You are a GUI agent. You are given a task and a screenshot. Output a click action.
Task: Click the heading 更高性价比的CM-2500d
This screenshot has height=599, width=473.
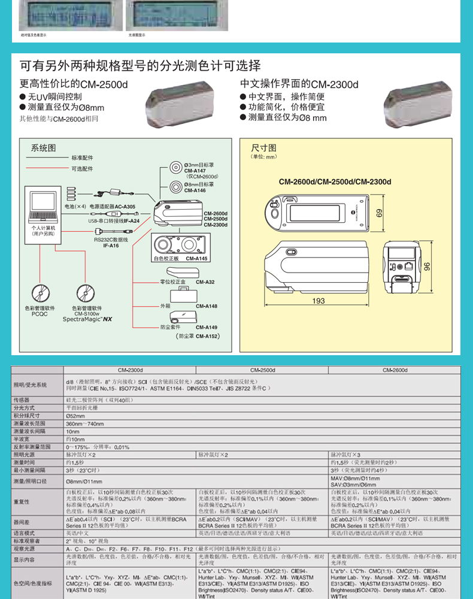click(x=74, y=84)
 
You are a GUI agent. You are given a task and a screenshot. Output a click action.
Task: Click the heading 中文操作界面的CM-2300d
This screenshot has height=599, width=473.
click(x=299, y=84)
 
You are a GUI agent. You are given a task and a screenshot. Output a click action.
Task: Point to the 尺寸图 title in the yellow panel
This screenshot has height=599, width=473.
click(x=263, y=147)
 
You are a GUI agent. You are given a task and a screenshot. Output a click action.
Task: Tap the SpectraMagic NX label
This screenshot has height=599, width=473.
click(x=87, y=319)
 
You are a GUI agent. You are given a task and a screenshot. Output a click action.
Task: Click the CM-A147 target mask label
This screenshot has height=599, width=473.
click(x=195, y=171)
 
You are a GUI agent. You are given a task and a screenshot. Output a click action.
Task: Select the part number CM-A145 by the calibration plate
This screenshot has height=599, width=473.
click(x=196, y=258)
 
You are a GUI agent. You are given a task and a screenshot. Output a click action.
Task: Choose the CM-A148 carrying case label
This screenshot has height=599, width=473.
click(x=207, y=306)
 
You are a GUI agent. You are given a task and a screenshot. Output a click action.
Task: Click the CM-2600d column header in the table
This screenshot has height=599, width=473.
click(x=395, y=370)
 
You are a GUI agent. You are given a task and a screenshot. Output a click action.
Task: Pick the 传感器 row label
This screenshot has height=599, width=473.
click(x=22, y=399)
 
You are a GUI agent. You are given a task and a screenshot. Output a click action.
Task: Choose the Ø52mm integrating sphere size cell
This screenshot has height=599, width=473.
click(x=75, y=415)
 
